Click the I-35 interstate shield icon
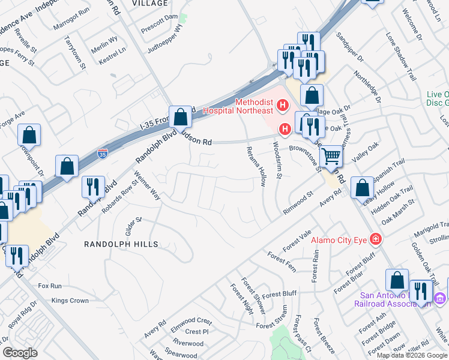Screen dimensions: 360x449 [103, 154]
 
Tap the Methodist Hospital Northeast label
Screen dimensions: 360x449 [237, 106]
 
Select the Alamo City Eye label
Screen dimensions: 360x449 [340, 240]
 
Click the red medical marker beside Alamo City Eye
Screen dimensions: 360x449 [376, 239]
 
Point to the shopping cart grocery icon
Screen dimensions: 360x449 [331, 157]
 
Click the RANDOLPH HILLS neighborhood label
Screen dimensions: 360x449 [121, 244]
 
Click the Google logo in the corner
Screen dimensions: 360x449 [20, 353]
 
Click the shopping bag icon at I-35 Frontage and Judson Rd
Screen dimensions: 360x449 [180, 116]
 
